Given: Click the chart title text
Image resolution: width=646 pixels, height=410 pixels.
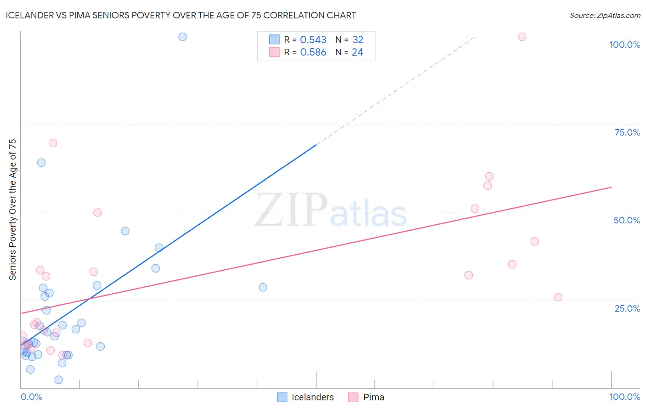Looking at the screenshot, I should tap(181, 15).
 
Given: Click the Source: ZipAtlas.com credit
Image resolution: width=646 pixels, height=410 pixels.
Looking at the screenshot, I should tap(605, 16).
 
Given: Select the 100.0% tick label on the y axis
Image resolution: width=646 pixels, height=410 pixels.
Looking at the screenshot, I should tap(624, 45).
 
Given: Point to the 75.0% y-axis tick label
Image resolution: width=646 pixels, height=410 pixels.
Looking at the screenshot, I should tap(627, 132).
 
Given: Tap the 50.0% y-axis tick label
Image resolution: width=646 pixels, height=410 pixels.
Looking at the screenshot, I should tap(627, 220).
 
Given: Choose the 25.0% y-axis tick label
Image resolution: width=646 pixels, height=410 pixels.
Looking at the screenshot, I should tap(627, 308).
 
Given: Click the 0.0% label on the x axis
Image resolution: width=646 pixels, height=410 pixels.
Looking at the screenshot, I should tap(31, 397).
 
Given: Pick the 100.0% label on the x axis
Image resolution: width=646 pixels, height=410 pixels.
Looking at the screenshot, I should tap(624, 397).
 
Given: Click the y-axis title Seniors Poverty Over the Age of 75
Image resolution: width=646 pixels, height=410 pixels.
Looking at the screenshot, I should tap(13, 209).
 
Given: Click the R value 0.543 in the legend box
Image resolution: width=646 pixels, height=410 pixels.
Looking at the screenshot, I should tap(313, 40).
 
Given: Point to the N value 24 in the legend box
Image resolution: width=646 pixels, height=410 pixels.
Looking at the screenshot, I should tap(357, 52).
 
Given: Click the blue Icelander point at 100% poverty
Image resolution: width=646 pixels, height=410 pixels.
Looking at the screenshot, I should tap(182, 37).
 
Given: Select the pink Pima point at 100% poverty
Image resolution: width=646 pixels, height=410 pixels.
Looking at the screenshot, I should tap(522, 37).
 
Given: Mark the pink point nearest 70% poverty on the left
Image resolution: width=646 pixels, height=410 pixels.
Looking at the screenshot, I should tap(53, 143).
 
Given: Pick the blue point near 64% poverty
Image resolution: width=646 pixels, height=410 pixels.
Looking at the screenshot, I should tap(41, 163).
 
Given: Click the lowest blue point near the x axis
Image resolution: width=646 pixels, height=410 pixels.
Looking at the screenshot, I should tap(58, 380).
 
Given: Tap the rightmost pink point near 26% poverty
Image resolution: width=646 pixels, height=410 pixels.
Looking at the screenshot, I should tap(558, 297).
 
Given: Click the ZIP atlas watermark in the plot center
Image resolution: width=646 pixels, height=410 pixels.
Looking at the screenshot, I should tap(331, 211).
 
